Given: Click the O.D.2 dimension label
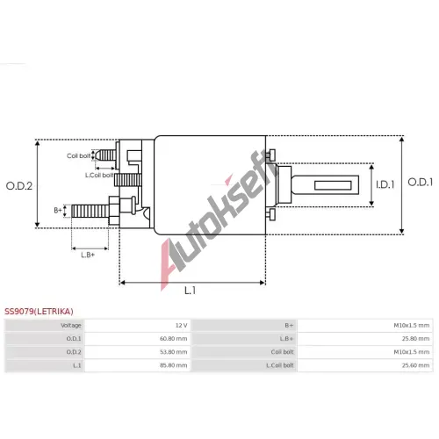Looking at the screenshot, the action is click(x=19, y=186).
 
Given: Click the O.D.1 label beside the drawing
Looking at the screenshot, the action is click(x=421, y=182).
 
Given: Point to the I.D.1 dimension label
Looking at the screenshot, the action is click(x=385, y=184).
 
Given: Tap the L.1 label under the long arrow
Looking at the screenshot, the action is click(x=190, y=291).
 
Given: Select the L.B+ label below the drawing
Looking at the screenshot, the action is click(x=88, y=255).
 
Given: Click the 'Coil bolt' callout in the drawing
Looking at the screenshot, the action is click(x=79, y=155).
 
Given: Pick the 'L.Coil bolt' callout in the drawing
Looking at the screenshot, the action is click(x=99, y=175).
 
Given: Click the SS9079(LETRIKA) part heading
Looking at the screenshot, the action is click(x=39, y=312).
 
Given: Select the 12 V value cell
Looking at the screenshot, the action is click(x=182, y=326).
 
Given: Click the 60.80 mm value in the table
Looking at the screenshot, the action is click(x=174, y=339).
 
